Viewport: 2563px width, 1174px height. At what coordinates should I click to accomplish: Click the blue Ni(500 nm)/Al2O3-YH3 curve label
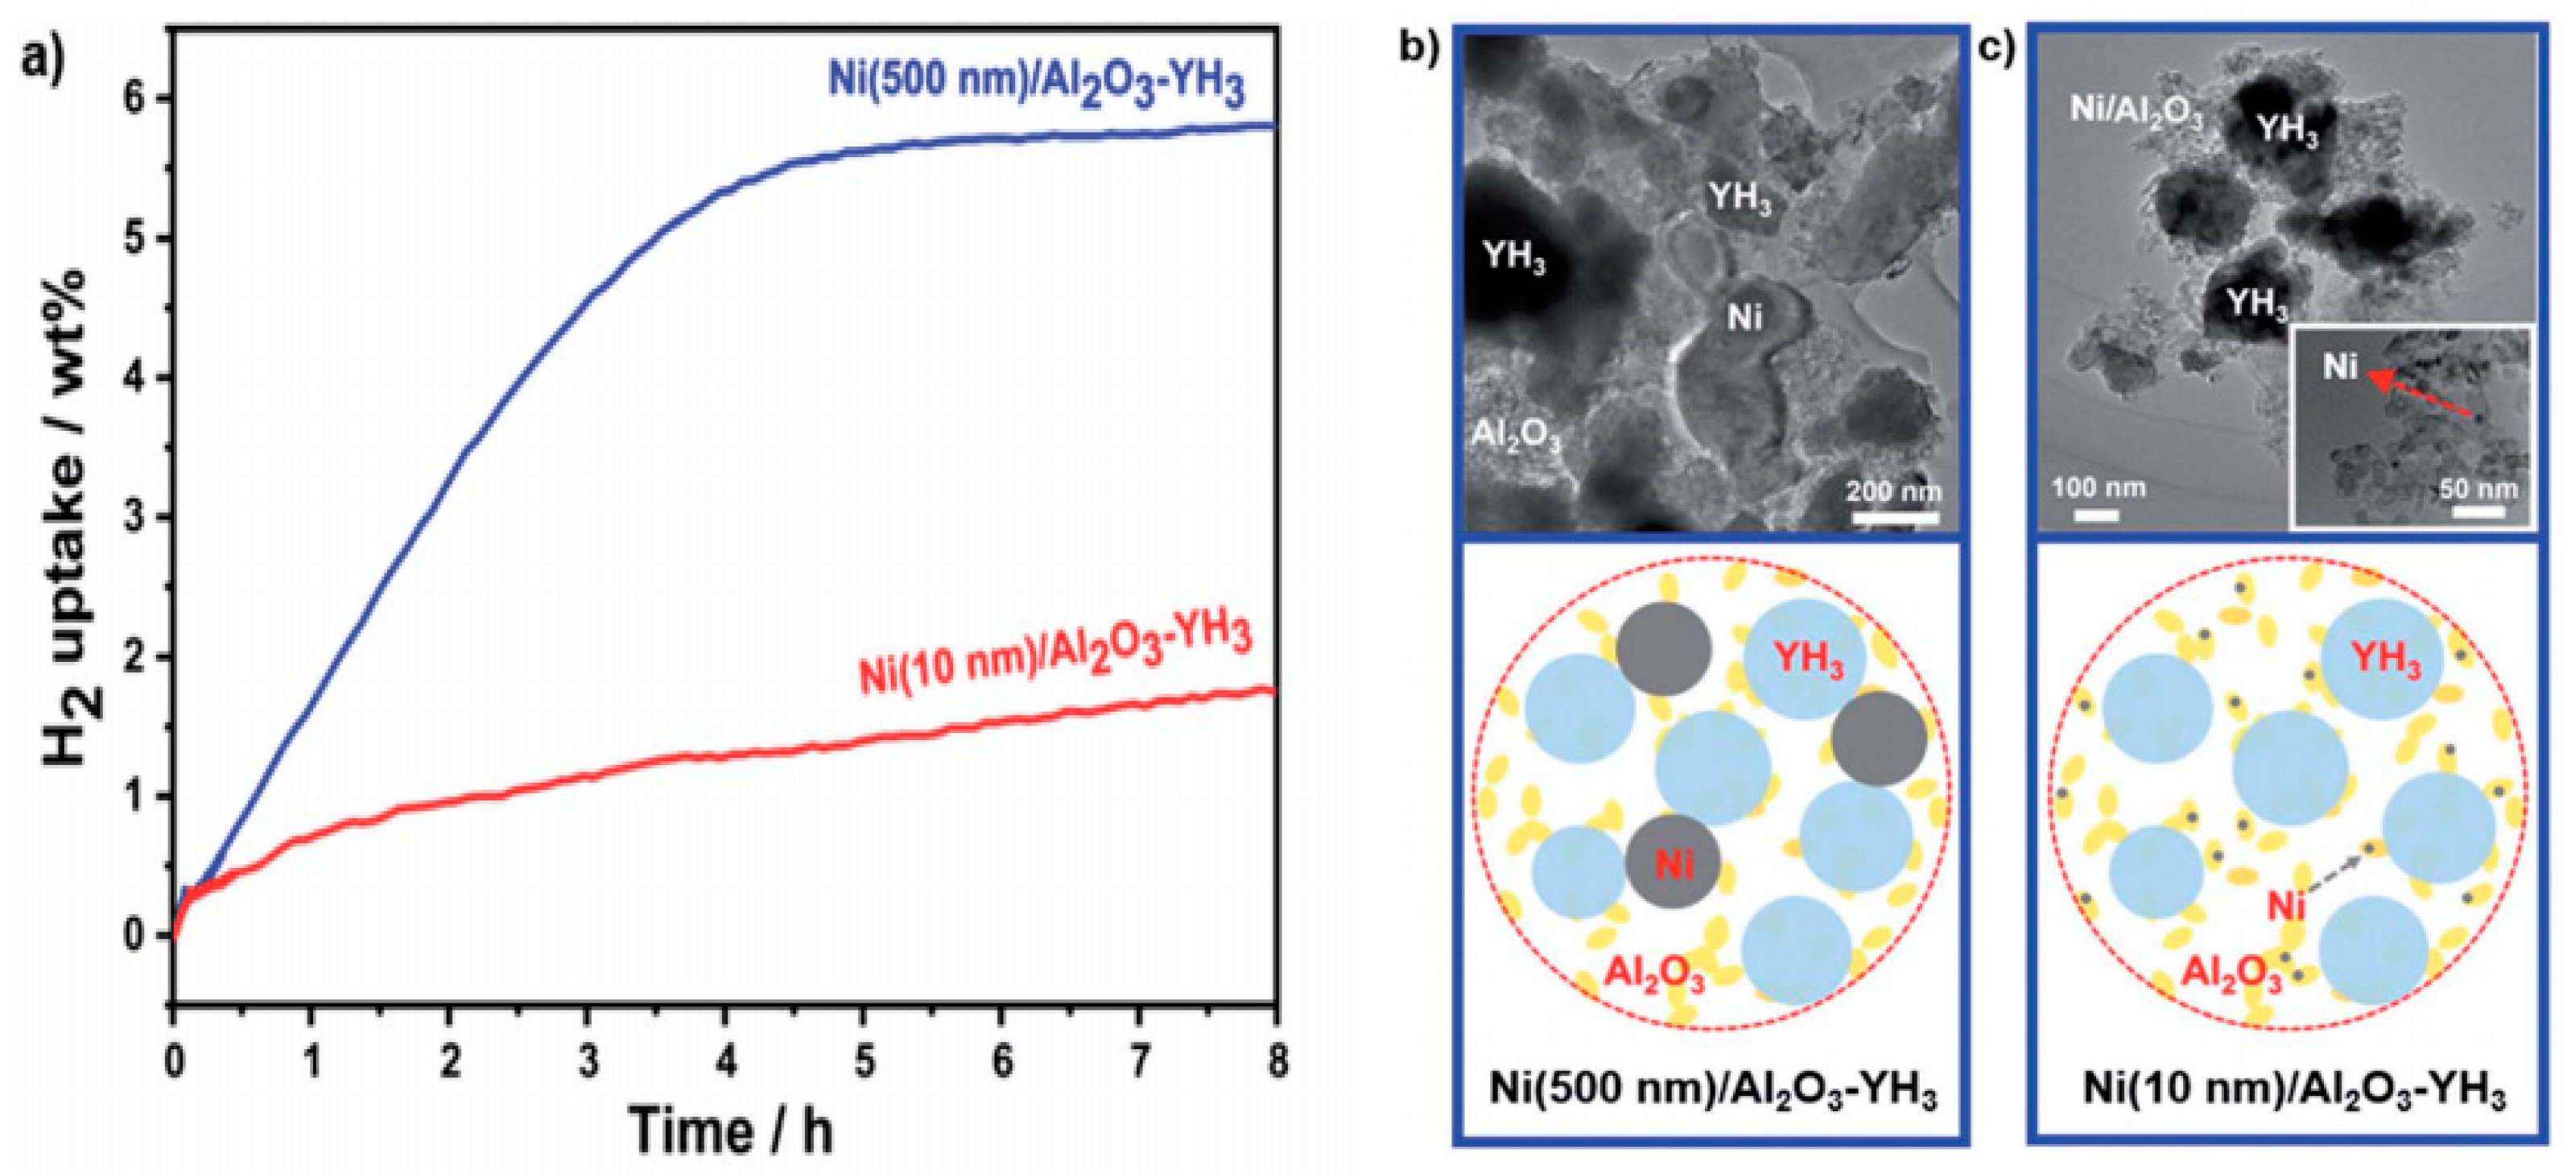1036,84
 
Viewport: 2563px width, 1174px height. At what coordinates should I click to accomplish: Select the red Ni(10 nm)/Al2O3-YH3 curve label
1055,655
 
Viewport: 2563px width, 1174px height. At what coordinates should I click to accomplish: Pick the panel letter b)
1420,46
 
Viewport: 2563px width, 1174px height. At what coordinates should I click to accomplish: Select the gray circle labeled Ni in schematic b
1674,862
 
